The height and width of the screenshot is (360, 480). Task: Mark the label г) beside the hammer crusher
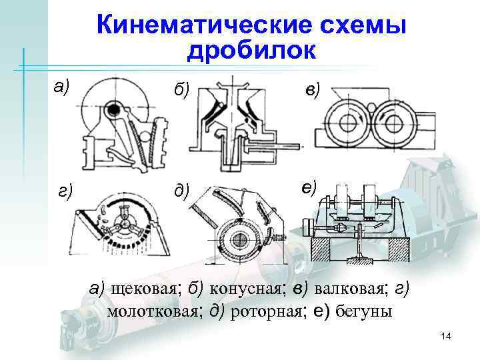coord(65,191)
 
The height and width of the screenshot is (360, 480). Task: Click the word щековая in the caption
coord(144,289)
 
